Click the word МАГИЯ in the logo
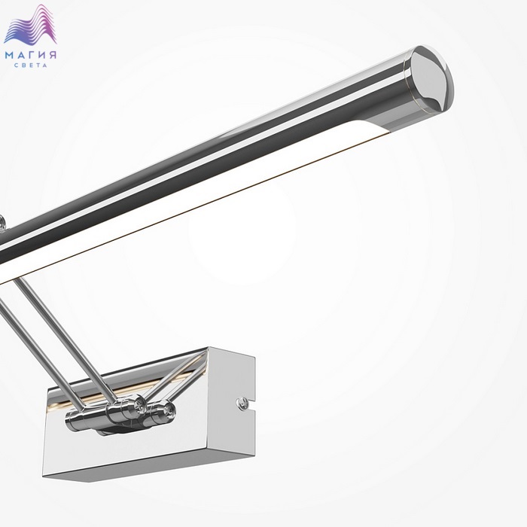31,55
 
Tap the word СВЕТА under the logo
31,65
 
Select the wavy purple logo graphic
31,25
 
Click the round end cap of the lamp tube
431,79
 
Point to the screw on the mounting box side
241,402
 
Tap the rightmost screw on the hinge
168,410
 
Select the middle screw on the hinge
139,404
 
